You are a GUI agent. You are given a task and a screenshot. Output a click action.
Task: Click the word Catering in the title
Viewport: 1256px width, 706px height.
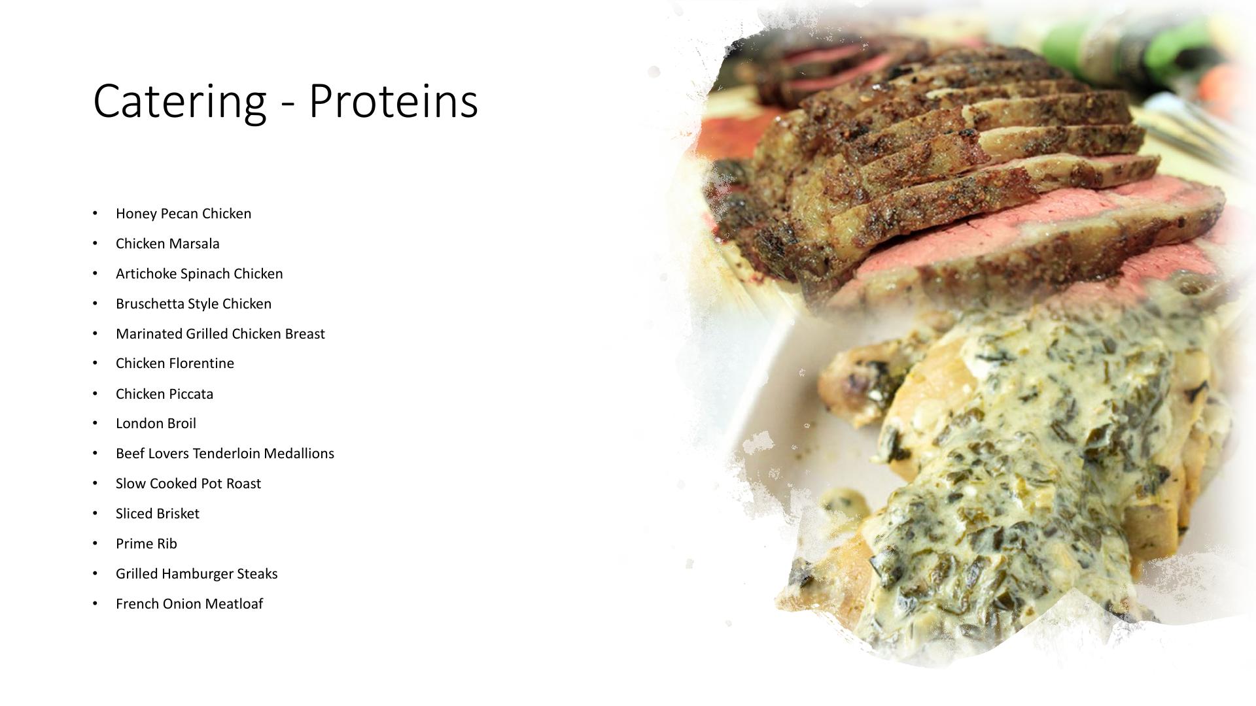click(180, 101)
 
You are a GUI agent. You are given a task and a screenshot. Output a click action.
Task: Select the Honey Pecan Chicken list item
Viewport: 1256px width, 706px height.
click(183, 214)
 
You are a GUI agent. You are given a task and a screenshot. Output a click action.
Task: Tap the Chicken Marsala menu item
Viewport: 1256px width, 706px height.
click(167, 244)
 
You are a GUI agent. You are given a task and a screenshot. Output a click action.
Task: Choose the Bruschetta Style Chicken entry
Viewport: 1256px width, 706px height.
click(194, 304)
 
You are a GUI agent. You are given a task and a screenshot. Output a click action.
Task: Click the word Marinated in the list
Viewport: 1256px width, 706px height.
click(149, 334)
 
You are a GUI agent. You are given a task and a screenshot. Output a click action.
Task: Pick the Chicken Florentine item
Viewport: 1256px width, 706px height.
click(175, 363)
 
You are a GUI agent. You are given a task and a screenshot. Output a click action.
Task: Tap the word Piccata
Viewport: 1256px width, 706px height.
click(191, 394)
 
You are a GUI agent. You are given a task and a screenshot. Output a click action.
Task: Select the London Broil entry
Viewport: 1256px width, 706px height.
click(156, 424)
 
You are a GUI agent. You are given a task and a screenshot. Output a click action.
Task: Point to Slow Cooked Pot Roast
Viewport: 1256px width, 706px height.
click(188, 484)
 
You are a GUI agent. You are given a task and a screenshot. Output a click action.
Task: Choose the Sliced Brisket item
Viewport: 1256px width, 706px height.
click(158, 514)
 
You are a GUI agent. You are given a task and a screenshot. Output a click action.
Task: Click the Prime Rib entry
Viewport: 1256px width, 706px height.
click(147, 544)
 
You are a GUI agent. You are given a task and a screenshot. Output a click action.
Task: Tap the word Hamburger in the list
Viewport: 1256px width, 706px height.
click(197, 574)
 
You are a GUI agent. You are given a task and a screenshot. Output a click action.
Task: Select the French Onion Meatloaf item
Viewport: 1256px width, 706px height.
click(189, 604)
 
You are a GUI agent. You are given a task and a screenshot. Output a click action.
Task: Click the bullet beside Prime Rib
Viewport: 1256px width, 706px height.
click(96, 543)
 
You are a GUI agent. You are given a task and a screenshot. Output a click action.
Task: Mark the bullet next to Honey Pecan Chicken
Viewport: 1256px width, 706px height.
click(96, 213)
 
